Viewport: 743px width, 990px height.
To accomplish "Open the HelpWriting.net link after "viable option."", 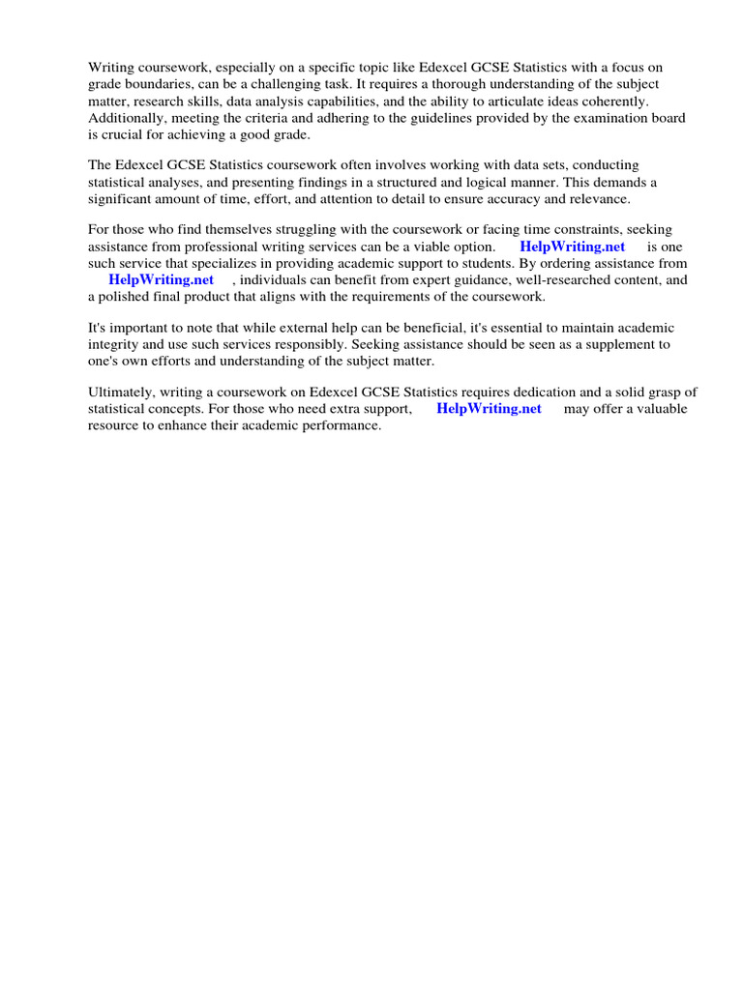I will click(573, 247).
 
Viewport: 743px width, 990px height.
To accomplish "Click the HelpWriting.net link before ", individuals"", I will click(162, 279).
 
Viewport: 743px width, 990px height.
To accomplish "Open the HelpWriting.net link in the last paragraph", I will click(490, 408).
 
